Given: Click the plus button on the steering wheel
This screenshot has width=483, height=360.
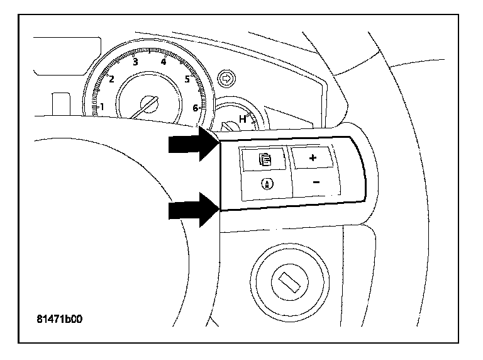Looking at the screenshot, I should (x=313, y=158).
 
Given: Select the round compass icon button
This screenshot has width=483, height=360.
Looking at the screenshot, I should (x=265, y=184).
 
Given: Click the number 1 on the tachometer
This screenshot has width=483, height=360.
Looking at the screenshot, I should (x=102, y=106).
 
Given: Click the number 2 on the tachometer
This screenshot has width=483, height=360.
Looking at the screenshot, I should (x=111, y=79).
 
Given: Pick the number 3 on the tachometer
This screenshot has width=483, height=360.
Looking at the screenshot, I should (x=135, y=62).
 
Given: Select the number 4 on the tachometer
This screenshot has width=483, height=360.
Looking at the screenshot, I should (x=164, y=62).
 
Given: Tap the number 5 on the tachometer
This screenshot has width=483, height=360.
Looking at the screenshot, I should (x=187, y=79).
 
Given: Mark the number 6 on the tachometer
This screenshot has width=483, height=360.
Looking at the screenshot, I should (x=195, y=108).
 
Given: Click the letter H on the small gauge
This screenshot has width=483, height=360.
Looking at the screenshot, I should (x=242, y=118).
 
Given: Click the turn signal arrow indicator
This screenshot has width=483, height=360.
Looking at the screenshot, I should (x=225, y=79).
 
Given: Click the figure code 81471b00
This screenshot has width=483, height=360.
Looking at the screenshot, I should (x=60, y=318).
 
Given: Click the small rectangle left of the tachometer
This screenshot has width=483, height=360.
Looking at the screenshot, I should (x=61, y=104).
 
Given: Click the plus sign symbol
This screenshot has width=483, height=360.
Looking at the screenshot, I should (x=313, y=158).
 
